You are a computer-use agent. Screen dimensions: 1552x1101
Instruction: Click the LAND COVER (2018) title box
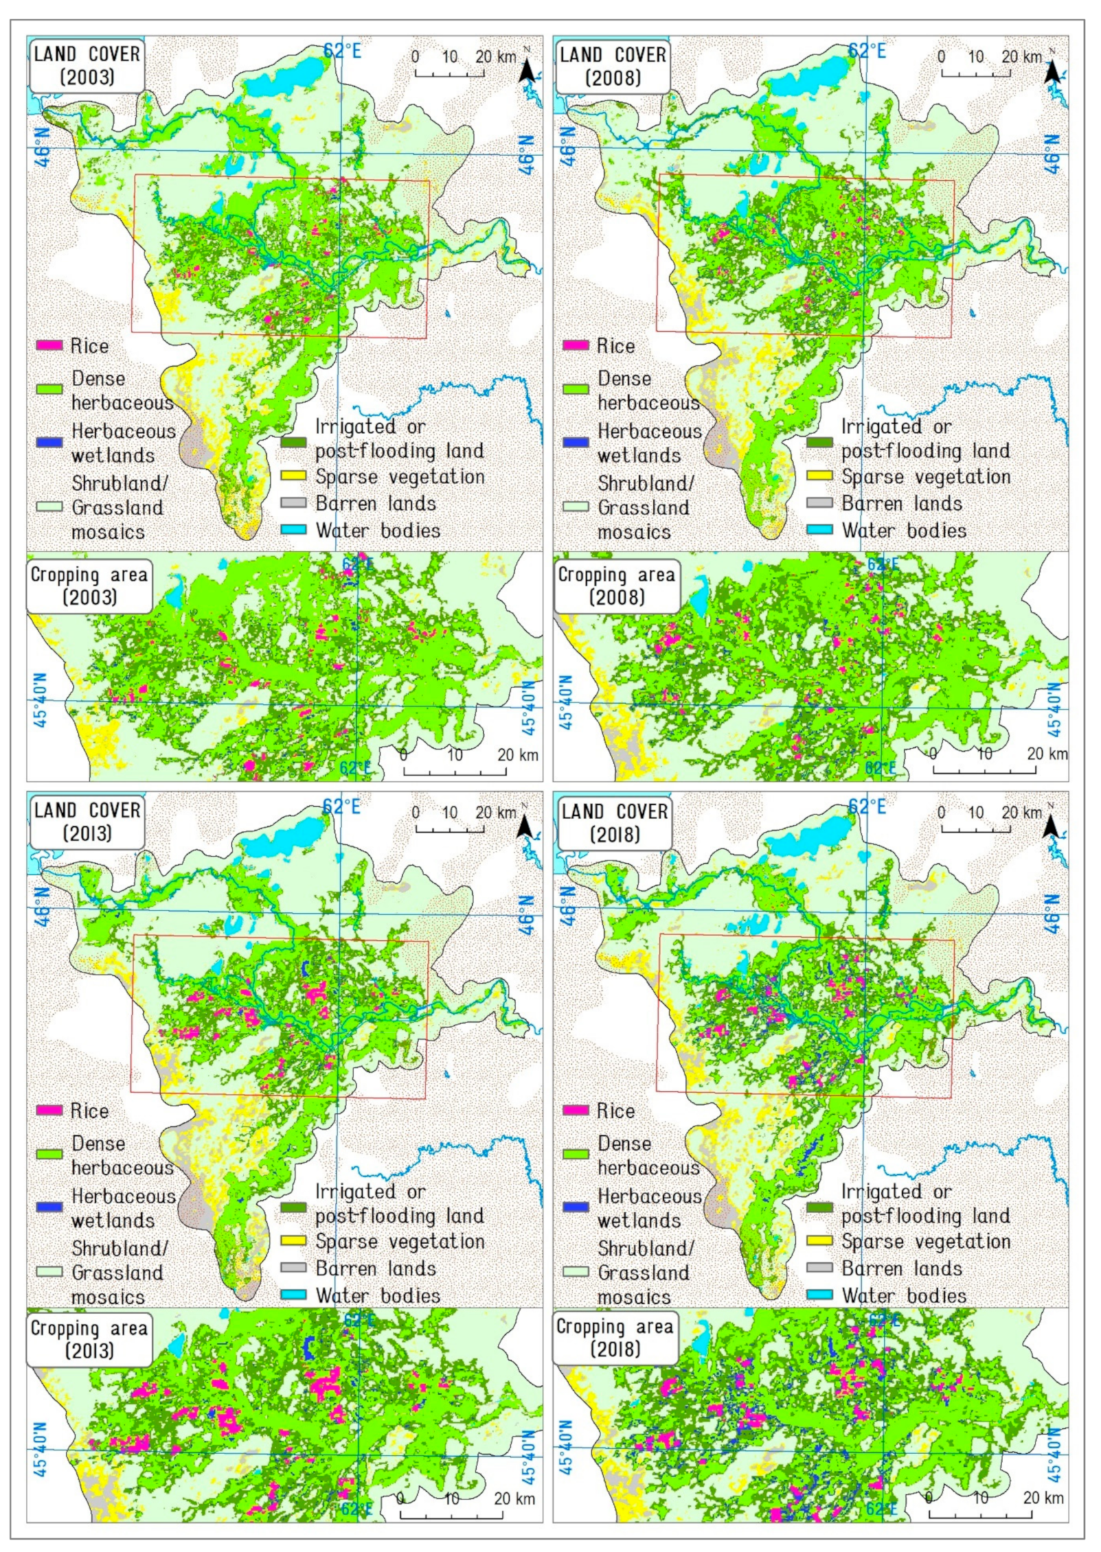pyautogui.click(x=613, y=823)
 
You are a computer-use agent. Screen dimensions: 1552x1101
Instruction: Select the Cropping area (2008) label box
pyautogui.click(x=617, y=586)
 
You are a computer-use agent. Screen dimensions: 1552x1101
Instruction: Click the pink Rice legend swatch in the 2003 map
pyautogui.click(x=49, y=346)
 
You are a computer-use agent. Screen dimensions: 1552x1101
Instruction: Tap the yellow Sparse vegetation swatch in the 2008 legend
pyautogui.click(x=820, y=477)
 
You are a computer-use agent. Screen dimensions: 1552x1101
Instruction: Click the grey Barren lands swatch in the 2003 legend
pyautogui.click(x=293, y=504)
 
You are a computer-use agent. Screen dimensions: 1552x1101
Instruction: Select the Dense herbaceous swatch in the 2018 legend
pyautogui.click(x=576, y=1155)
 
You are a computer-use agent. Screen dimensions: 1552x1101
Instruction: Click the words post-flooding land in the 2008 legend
pyautogui.click(x=925, y=451)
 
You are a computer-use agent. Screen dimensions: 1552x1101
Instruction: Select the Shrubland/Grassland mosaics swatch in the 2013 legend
pyautogui.click(x=49, y=1272)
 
